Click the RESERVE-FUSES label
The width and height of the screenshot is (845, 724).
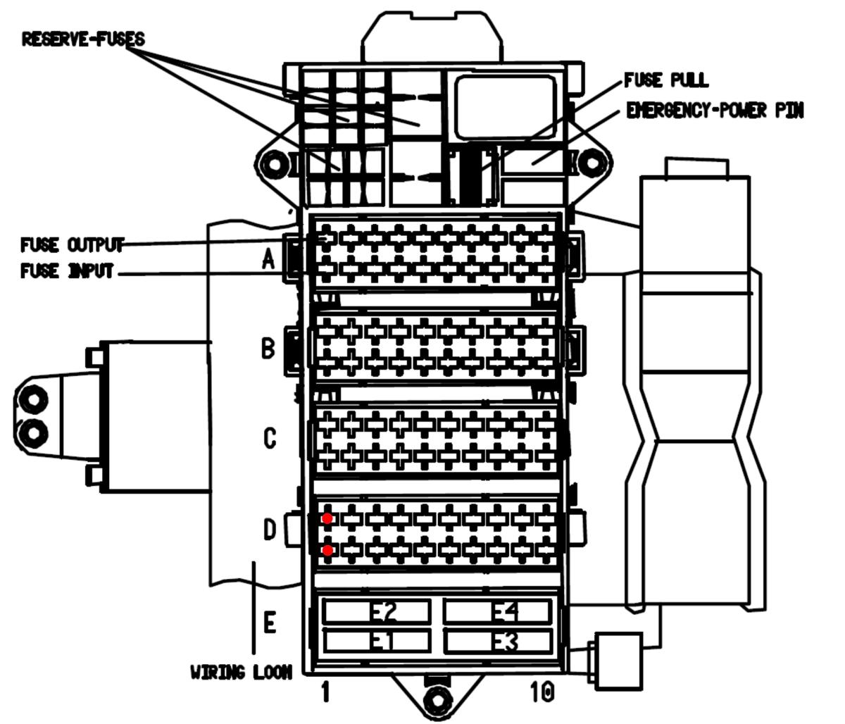coord(83,39)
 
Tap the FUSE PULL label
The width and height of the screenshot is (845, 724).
coord(666,80)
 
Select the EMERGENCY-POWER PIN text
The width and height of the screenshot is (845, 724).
coord(715,111)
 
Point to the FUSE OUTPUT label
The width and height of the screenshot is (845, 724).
coord(72,244)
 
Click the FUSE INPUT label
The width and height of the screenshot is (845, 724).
coord(67,270)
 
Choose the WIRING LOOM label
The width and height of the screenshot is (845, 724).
coord(242,672)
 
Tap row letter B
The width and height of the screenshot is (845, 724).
coord(268,349)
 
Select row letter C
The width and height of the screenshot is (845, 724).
coord(270,438)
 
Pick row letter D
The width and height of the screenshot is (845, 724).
coord(270,529)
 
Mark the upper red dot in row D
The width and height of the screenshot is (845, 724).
coord(327,518)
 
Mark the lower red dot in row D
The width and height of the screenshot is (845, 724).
coord(327,550)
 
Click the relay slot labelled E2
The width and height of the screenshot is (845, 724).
coord(377,611)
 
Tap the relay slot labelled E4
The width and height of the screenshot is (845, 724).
coord(498,611)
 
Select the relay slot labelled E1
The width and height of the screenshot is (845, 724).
coord(377,641)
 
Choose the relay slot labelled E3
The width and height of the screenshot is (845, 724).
coord(498,641)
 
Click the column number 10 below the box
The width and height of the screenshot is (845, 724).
coord(542,692)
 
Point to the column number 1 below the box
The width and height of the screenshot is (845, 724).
coord(325,692)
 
